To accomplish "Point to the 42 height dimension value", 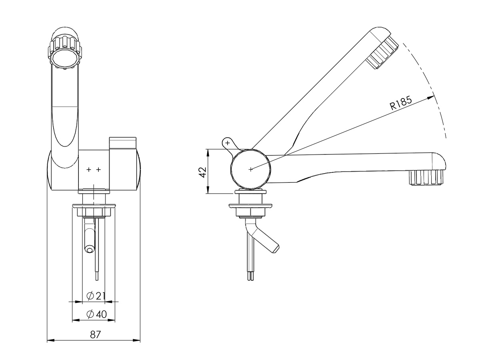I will point(202,172).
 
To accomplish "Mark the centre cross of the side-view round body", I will point(251,169).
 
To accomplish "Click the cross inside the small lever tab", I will point(228,142).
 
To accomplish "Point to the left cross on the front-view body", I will point(89,170).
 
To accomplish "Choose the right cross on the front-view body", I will point(98,170).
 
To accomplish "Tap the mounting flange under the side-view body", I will point(251,207).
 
